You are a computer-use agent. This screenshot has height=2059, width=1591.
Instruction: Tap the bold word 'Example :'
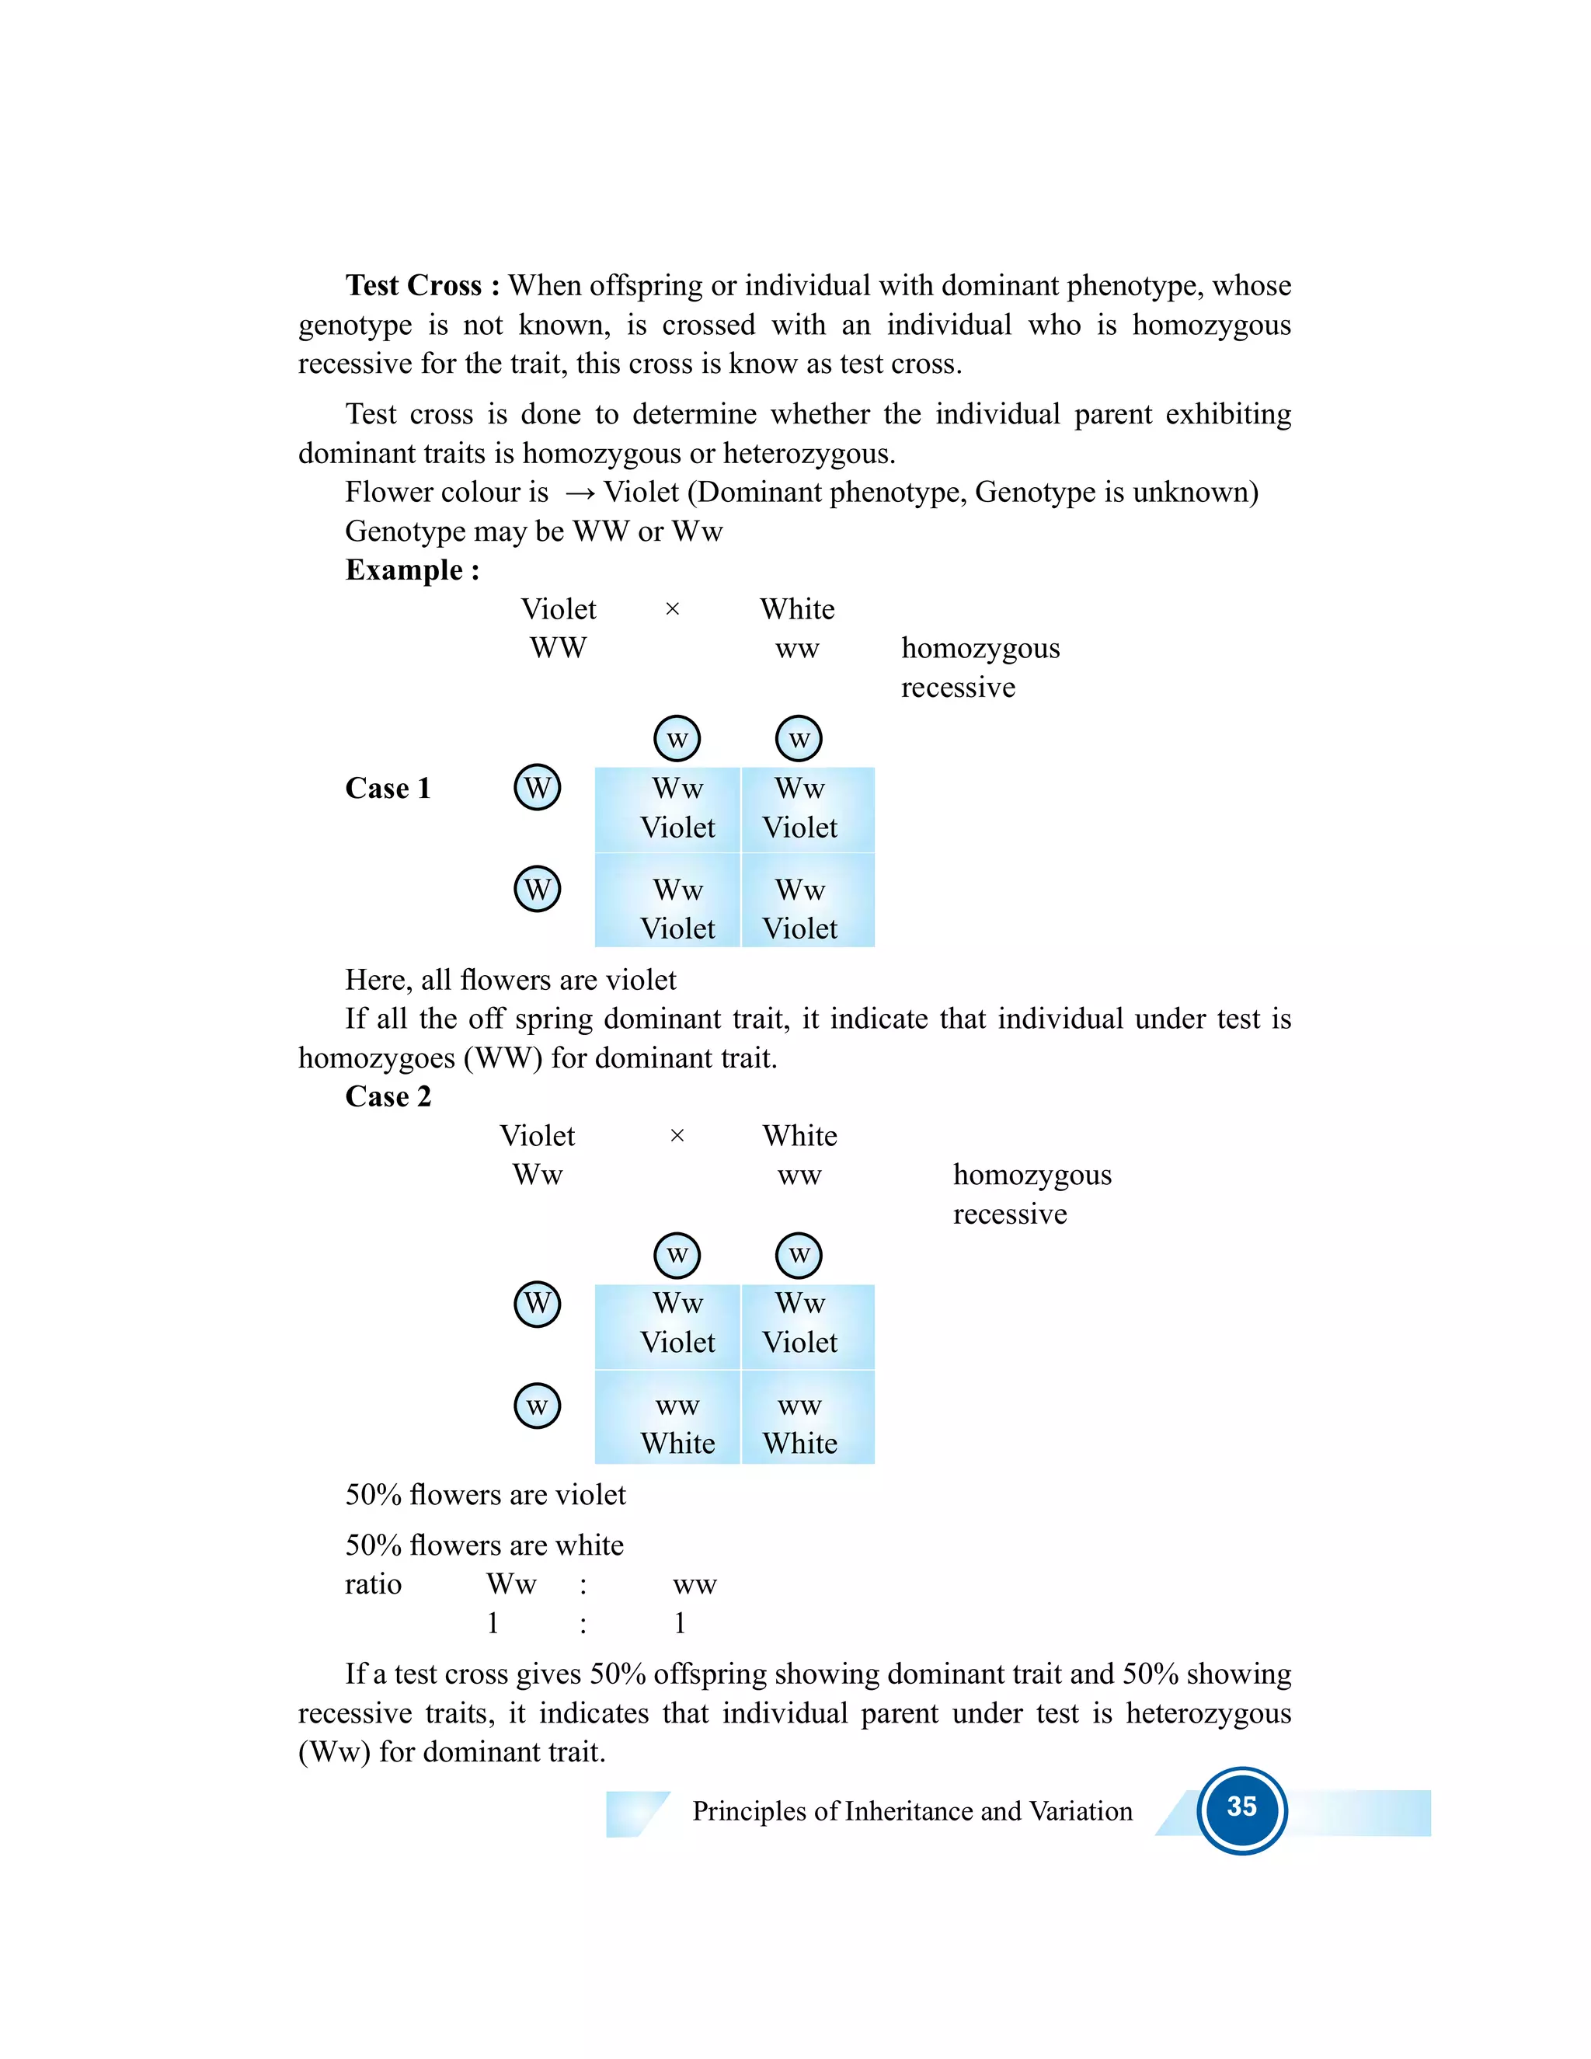click(412, 570)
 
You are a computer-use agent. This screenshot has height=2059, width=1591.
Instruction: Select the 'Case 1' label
click(388, 788)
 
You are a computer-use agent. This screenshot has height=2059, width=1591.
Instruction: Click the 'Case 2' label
click(388, 1096)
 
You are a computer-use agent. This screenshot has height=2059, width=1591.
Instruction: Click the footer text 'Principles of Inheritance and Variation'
click(911, 1811)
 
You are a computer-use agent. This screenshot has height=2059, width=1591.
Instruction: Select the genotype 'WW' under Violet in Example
click(558, 649)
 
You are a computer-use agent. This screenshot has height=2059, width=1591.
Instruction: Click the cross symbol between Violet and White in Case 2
click(676, 1136)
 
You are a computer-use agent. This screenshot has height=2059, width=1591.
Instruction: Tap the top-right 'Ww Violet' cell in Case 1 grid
click(799, 808)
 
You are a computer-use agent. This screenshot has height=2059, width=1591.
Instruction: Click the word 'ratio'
click(373, 1585)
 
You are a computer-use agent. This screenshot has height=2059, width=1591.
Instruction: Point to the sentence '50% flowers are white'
click(485, 1545)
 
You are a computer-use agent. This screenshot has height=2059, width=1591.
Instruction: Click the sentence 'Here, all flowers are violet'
click(510, 981)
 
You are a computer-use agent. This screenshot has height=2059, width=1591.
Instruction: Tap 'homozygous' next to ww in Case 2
click(1032, 1176)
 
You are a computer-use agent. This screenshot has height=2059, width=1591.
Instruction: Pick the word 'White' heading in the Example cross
click(797, 609)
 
